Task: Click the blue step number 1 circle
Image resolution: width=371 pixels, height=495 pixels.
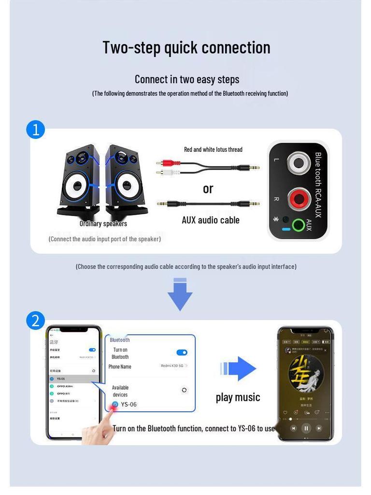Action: click(35, 130)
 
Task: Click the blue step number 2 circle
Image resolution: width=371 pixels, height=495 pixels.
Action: click(35, 320)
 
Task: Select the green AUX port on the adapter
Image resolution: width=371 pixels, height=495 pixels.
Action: click(299, 225)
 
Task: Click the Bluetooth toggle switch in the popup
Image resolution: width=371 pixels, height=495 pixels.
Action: click(182, 352)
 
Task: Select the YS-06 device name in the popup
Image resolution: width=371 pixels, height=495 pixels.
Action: click(128, 405)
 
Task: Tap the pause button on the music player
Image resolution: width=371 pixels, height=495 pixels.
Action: click(305, 428)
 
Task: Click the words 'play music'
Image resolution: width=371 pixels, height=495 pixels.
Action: click(238, 397)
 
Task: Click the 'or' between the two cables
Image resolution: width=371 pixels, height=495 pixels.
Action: click(208, 189)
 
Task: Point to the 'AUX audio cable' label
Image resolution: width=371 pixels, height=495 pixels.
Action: click(210, 220)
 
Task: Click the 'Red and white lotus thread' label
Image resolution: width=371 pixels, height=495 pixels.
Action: click(213, 149)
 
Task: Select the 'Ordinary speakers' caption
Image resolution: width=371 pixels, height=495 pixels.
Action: click(103, 223)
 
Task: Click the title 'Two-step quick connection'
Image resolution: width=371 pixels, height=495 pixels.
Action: click(186, 47)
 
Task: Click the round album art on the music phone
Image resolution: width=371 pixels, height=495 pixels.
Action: click(306, 373)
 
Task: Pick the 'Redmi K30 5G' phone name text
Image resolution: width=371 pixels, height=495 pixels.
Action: click(172, 366)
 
